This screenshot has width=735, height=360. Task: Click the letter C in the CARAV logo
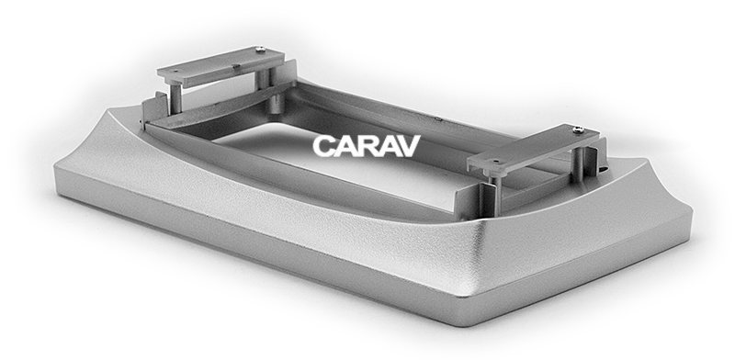(x=323, y=146)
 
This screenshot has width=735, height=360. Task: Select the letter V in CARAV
(x=409, y=146)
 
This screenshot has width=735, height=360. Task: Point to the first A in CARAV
(x=345, y=146)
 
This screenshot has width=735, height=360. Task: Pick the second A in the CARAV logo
(x=388, y=146)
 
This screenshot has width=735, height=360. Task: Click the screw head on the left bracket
(x=260, y=49)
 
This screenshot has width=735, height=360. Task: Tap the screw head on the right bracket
(x=579, y=129)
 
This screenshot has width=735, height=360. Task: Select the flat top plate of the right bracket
(x=534, y=148)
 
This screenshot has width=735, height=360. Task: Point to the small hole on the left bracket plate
(x=176, y=72)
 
